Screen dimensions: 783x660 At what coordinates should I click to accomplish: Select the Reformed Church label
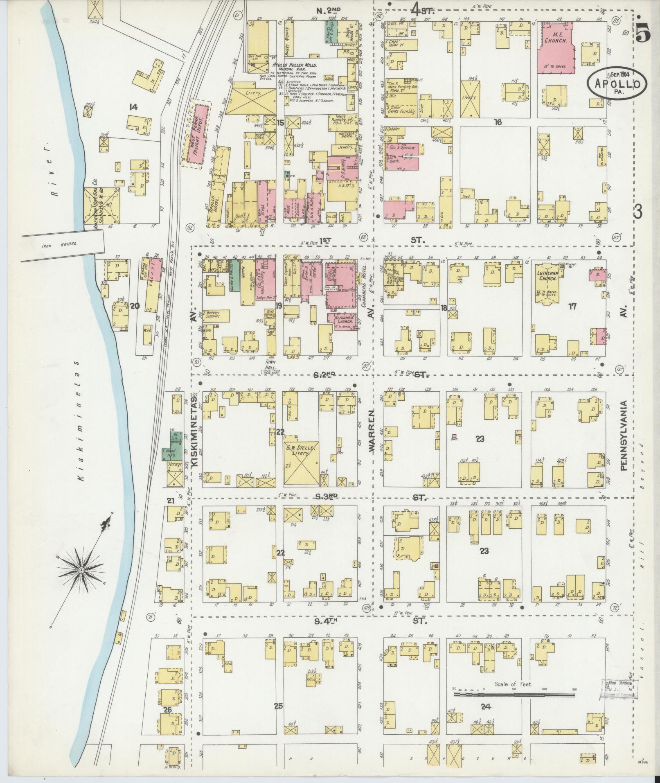tap(342, 320)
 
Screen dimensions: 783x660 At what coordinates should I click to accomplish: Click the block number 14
tap(133, 108)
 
